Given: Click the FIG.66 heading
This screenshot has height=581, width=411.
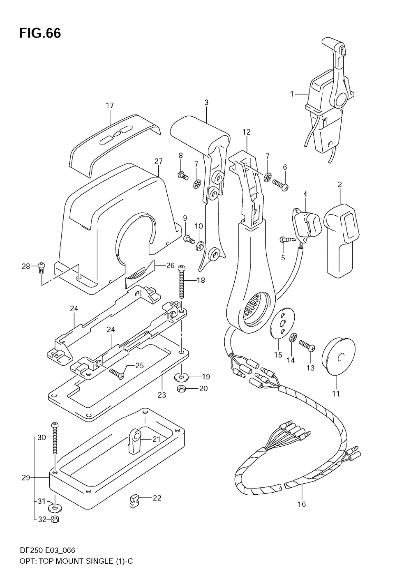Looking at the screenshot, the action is point(40,33).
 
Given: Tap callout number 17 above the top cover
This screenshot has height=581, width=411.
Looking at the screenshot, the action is point(110,106).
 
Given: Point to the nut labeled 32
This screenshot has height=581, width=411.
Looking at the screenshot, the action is point(55,519).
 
